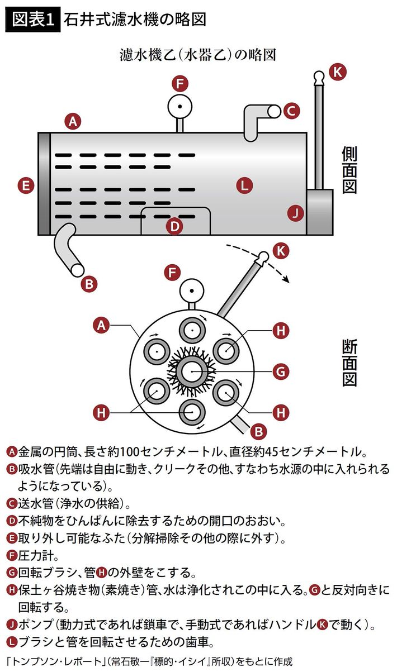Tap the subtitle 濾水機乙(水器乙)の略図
pos(198,54)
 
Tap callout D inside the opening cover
pos(175,226)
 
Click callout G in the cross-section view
pos(281,370)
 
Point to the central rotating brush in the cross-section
pos(191,370)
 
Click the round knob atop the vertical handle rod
pos(318,76)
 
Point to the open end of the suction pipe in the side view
pos(77,269)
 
